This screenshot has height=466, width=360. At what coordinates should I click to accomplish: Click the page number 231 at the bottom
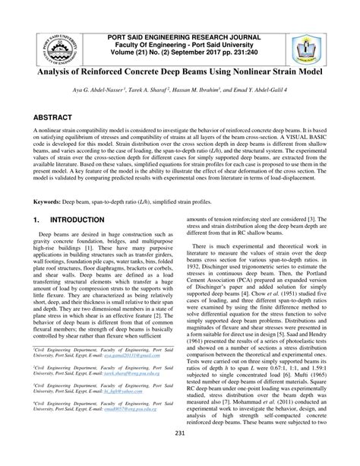tap(180, 455)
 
